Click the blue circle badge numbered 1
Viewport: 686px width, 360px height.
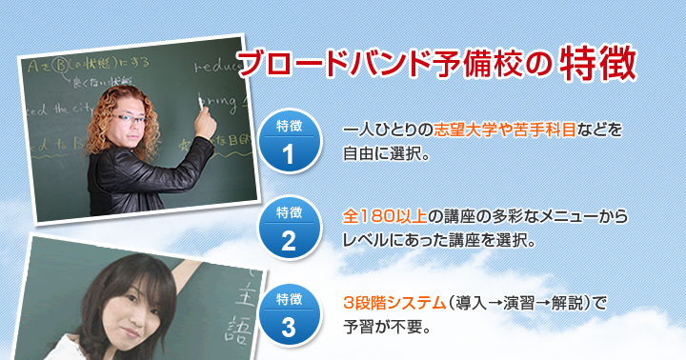tap(289, 142)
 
